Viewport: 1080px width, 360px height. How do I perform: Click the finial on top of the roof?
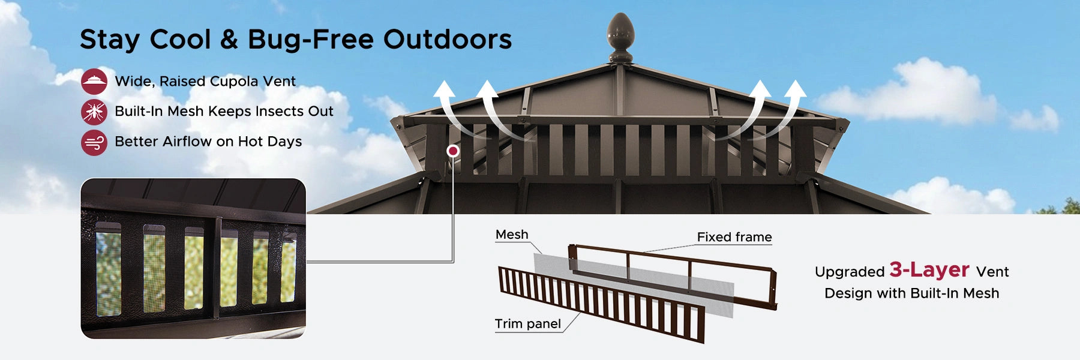620,36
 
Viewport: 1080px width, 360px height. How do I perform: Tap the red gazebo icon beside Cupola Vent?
94,82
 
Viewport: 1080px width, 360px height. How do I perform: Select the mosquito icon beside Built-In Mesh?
94,112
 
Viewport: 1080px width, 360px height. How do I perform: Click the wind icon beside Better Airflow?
94,143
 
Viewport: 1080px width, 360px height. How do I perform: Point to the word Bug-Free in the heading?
311,40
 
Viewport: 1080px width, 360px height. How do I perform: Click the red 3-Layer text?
929,270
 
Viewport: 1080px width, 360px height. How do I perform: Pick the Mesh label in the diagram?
512,235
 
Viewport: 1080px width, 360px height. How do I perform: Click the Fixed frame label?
734,237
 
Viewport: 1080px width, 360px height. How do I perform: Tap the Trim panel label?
527,324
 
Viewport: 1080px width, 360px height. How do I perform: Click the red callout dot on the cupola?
453,151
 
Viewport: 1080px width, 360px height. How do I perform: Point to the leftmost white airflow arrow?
449,108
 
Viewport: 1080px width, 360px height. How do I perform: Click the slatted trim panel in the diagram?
600,303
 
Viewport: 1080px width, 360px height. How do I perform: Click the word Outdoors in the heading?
447,40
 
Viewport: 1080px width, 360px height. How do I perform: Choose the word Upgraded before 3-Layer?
849,272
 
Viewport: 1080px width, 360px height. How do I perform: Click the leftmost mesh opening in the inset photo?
109,269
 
